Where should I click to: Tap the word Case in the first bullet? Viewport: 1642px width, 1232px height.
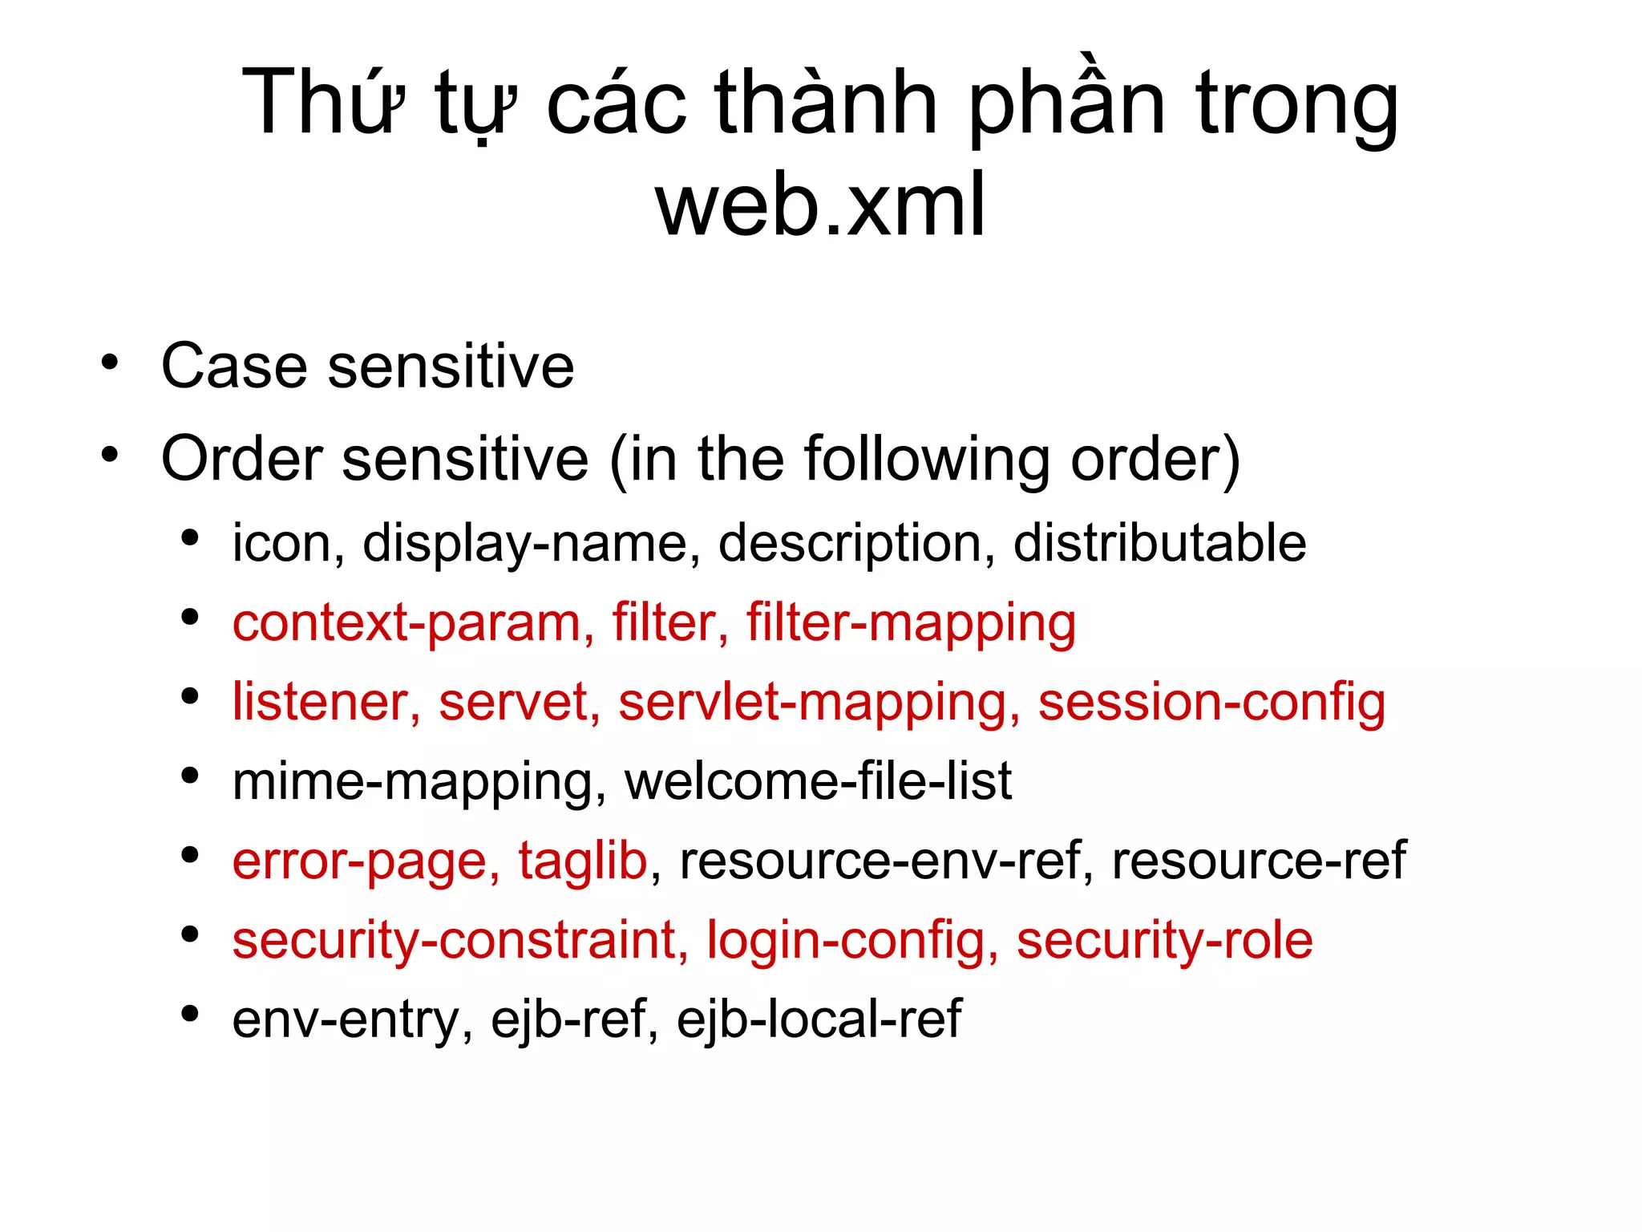click(234, 366)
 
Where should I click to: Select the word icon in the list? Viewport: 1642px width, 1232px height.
click(280, 543)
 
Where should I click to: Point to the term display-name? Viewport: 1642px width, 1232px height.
click(525, 544)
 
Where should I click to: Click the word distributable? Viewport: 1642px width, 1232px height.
click(1159, 543)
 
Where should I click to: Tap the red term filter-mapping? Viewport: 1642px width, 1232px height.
click(911, 623)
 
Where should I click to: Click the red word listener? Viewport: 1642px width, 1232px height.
click(318, 702)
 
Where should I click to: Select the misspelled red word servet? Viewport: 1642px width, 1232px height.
click(513, 702)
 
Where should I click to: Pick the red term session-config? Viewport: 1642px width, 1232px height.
click(1211, 703)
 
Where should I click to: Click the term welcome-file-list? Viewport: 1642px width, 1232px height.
click(818, 781)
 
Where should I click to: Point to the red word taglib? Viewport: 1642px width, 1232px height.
click(582, 861)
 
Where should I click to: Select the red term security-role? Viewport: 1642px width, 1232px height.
click(1164, 940)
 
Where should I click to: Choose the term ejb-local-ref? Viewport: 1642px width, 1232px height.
click(819, 1019)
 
